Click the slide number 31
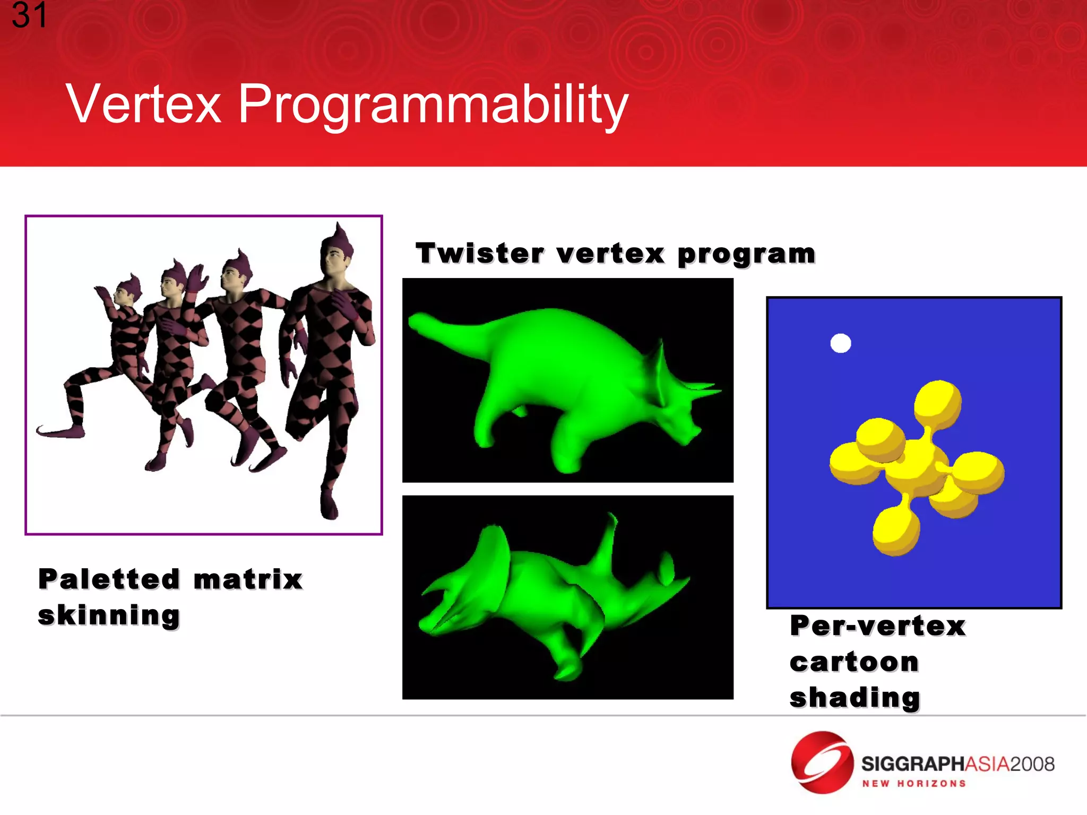(x=29, y=15)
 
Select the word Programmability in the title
(x=433, y=105)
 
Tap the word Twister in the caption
(x=480, y=253)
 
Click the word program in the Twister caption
(x=746, y=254)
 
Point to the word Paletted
(x=109, y=579)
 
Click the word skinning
(x=109, y=615)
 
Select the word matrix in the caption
(x=248, y=579)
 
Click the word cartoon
(x=854, y=662)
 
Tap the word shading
(x=855, y=697)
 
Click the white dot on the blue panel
(x=840, y=343)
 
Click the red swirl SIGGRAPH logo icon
(x=822, y=762)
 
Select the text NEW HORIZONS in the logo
(x=913, y=784)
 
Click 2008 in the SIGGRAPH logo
(x=1032, y=764)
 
